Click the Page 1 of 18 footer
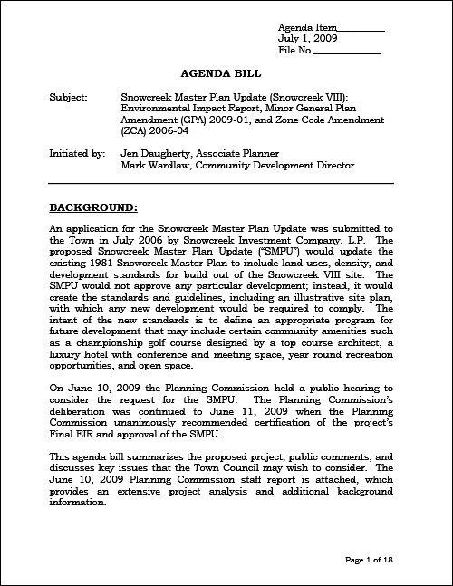pos(371,562)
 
